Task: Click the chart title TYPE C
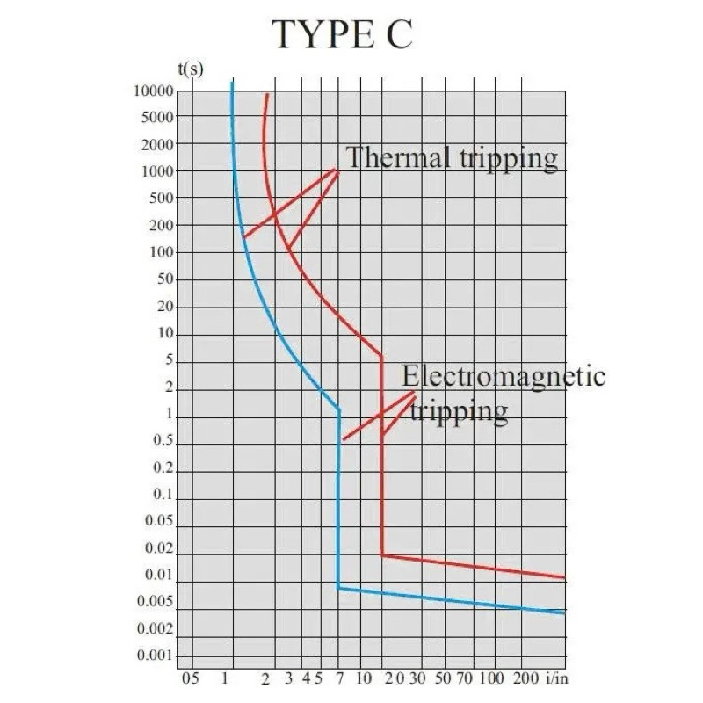[342, 34]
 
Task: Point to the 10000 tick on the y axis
[153, 91]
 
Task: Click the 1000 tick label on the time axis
[156, 171]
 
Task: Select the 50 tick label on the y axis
[164, 279]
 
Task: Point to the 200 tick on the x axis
[525, 678]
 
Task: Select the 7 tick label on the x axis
[340, 678]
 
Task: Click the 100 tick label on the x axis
[490, 678]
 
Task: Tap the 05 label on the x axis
[189, 678]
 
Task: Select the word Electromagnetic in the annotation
[504, 376]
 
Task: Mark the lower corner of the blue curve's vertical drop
[338, 587]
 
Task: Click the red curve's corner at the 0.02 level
[382, 555]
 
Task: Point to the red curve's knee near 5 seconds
[381, 357]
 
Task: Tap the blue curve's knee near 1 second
[339, 410]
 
